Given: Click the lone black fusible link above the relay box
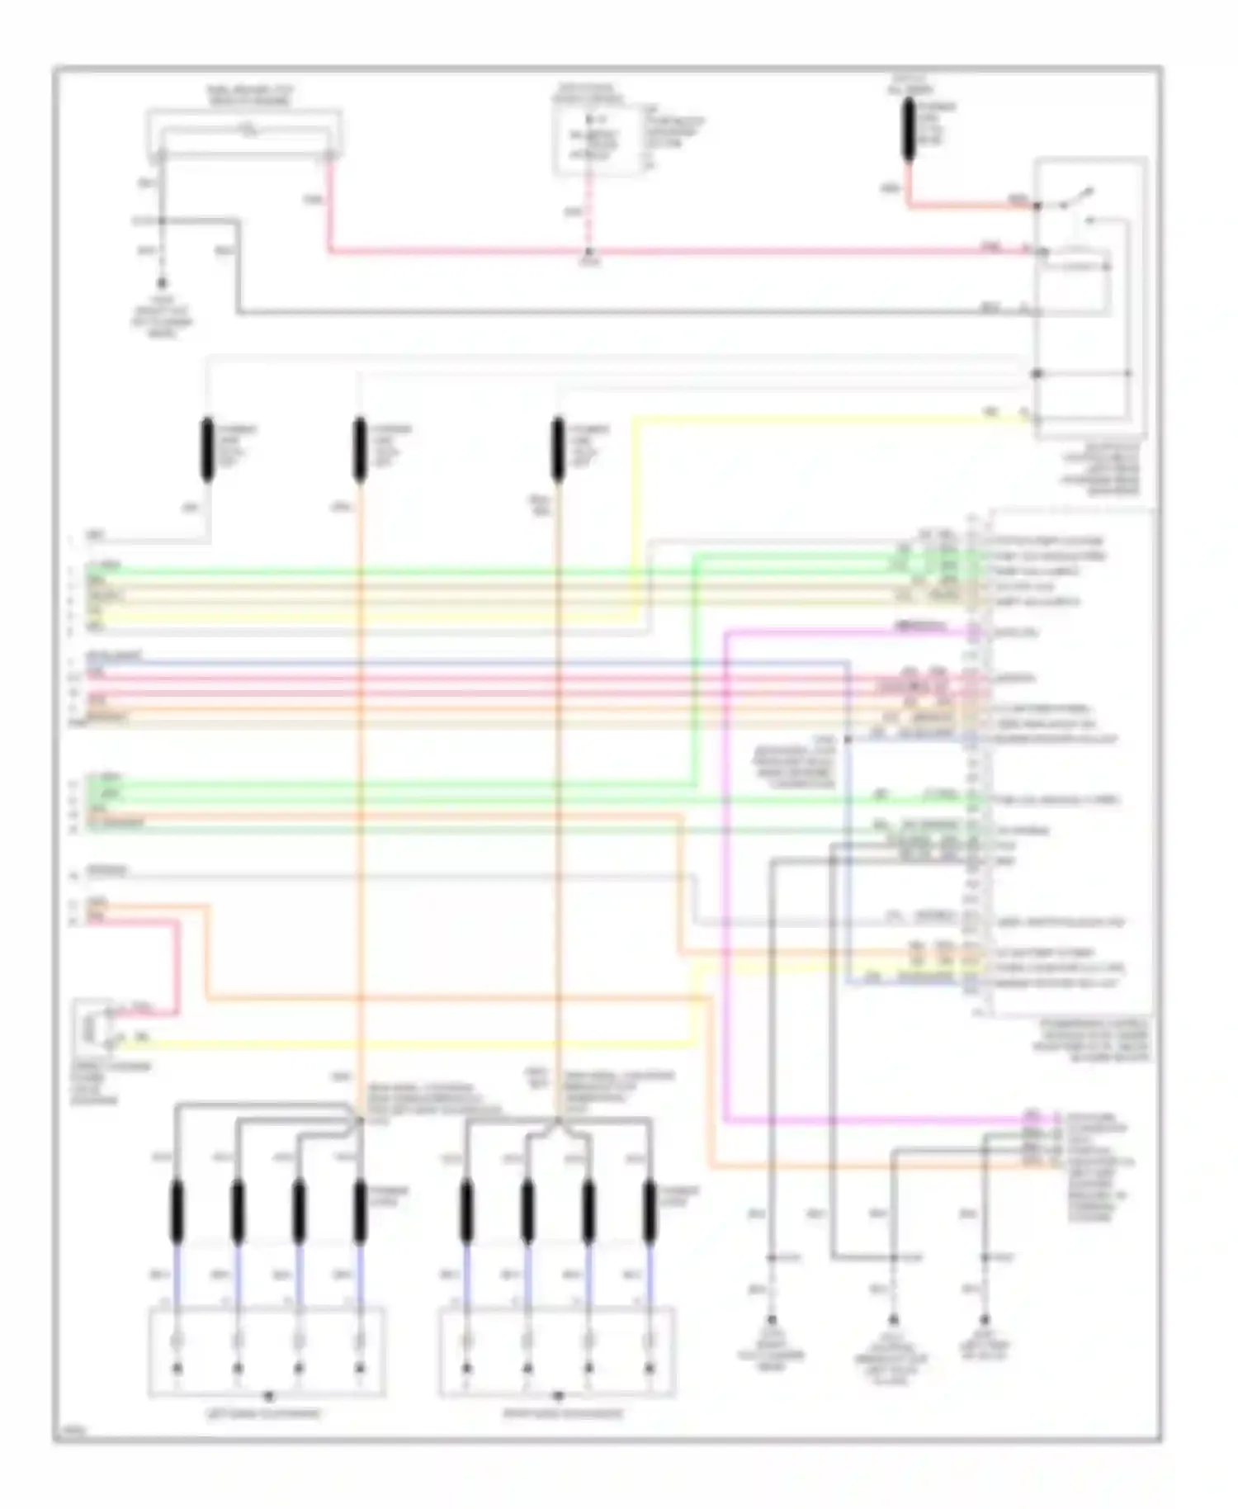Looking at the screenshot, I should tap(909, 129).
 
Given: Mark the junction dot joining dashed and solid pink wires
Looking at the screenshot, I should tap(588, 251).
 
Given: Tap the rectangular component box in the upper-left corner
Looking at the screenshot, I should tap(244, 132).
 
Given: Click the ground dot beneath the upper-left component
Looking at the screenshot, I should tap(162, 283).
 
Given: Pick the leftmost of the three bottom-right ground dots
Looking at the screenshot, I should tap(772, 1320).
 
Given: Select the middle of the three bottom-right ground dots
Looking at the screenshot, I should tap(892, 1320).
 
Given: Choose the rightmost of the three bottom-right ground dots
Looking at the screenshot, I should tap(984, 1320).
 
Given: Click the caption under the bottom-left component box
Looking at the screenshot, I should tap(266, 1414).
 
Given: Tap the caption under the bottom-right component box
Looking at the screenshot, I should tap(564, 1414).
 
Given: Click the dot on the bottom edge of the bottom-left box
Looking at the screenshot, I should tap(267, 1397).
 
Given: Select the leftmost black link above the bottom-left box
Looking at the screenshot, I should tap(177, 1211).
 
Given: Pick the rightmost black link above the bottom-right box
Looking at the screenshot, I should tap(650, 1211).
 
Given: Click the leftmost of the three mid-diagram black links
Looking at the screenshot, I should tap(207, 449).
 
